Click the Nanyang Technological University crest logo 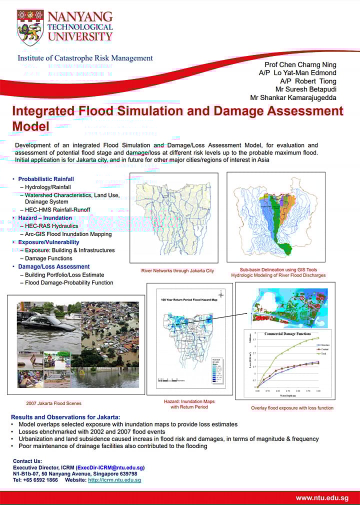30,27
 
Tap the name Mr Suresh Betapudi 306,89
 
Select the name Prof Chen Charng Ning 300,64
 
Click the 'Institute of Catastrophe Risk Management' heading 85,58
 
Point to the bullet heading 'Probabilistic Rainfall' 46,179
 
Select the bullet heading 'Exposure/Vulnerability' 48,242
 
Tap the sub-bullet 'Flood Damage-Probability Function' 69,283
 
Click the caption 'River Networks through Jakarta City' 177,271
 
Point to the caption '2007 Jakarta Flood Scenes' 53,403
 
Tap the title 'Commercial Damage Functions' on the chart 287,334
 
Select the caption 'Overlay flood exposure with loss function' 292,408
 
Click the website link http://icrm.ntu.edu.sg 114,480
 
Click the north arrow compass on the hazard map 220,295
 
